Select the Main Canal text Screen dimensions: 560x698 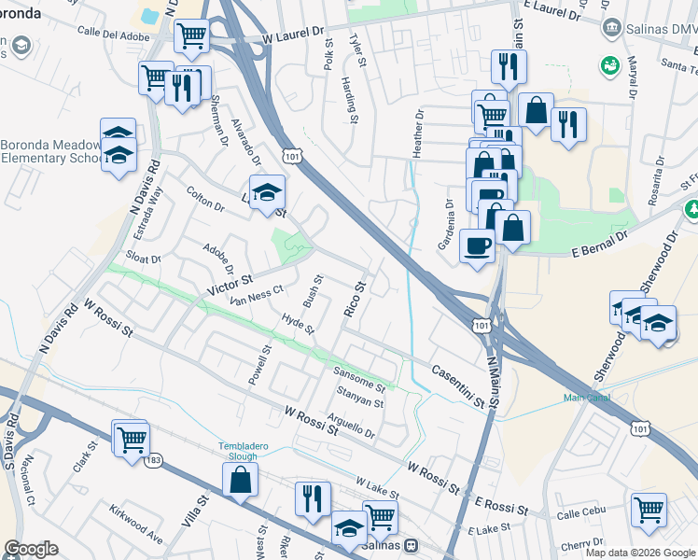tap(586, 399)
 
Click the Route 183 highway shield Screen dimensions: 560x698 tap(153, 461)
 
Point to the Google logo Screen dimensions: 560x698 tap(31, 549)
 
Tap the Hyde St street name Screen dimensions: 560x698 tap(298, 323)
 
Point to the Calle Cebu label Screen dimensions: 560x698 tap(581, 514)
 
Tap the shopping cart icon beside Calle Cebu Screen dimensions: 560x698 tap(649, 510)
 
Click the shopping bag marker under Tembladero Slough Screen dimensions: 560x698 tap(240, 481)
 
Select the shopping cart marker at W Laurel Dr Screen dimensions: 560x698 tap(191, 36)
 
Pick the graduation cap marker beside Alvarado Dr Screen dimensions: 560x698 tap(267, 192)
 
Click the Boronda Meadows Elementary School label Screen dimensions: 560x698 tap(51, 151)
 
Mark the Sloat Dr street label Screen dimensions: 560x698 tap(144, 259)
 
